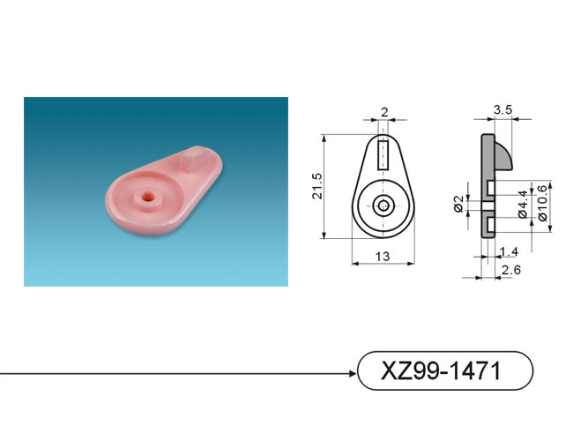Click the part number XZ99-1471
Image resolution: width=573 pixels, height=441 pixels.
pos(441,370)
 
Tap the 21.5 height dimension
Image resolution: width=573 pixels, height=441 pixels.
pos(316,186)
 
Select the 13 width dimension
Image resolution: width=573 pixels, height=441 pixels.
pos(383,257)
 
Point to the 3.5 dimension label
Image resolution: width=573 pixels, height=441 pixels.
pos(502,109)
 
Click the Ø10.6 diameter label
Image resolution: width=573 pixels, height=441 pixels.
pos(543,204)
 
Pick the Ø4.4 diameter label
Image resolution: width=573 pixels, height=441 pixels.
pos(524,204)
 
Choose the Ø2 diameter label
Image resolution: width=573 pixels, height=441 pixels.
pos(458,204)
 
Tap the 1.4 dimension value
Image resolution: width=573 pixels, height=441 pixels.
pos(509,252)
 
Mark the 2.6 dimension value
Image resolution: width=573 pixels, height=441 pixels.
pos(511,270)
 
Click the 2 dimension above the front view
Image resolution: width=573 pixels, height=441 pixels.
pos(384,112)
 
